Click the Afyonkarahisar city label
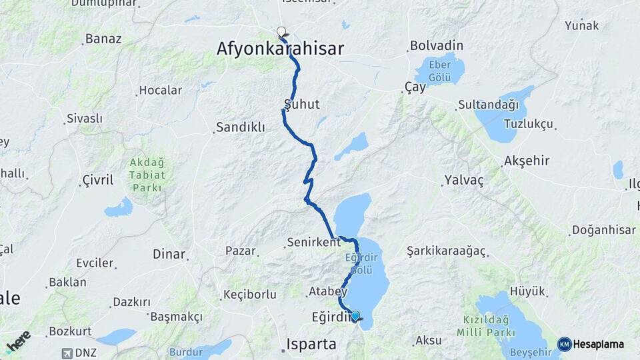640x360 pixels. coord(280,48)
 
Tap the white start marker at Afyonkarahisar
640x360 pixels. coord(281,31)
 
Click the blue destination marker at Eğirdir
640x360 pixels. coord(355,316)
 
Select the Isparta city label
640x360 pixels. coord(313,343)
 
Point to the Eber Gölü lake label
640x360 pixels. coord(439,69)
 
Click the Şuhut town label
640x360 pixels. coord(302,104)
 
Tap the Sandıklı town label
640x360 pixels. coord(240,127)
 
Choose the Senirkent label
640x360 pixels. coord(313,242)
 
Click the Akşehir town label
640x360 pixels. coord(527,161)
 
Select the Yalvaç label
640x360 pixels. coord(463,180)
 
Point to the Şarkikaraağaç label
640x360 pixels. coord(447,251)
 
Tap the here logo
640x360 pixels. coord(18,341)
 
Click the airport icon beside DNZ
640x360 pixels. coord(65,353)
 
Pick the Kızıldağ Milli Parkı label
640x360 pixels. coord(486,326)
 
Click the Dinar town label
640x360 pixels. coord(169,253)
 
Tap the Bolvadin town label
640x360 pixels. coord(437,46)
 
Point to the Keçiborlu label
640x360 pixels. coord(249,294)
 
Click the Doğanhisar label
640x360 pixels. coord(603,230)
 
